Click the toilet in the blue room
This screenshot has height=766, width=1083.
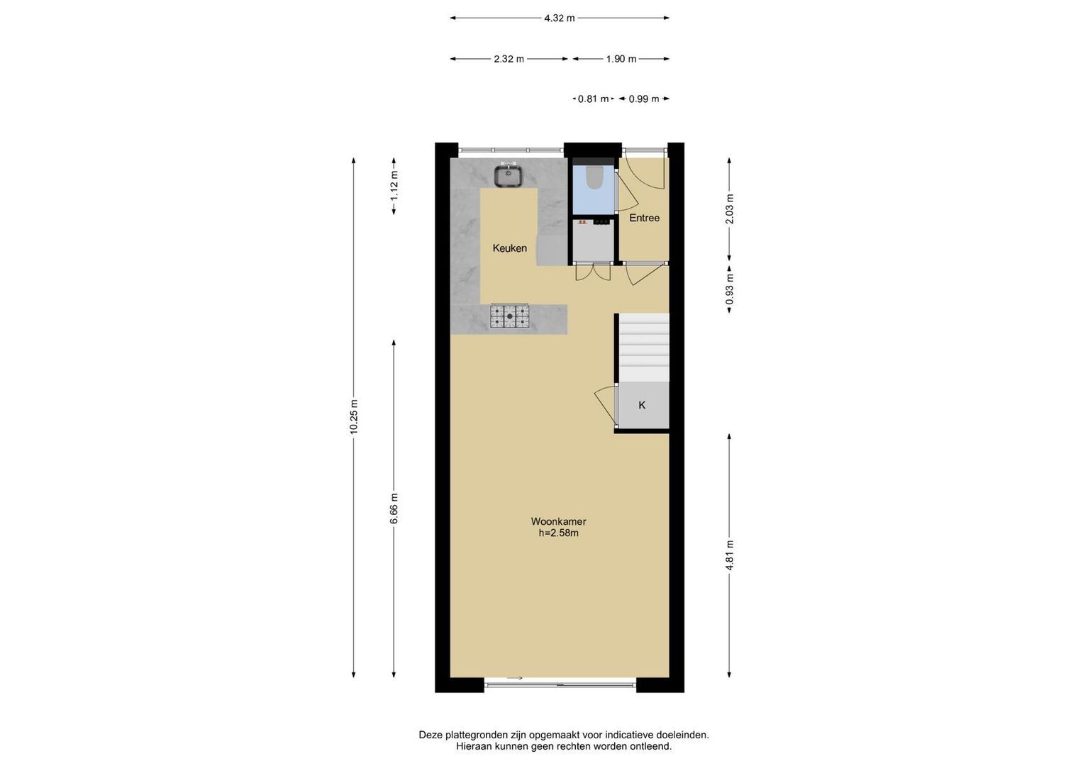click(593, 177)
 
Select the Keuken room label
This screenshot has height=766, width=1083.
click(510, 248)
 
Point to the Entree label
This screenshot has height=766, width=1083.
click(644, 218)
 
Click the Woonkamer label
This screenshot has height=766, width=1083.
click(558, 521)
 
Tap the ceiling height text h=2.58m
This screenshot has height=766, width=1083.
click(558, 533)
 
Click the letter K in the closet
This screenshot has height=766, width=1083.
click(642, 405)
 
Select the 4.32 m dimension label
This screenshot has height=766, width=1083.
click(560, 18)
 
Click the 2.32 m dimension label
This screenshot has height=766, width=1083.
click(509, 59)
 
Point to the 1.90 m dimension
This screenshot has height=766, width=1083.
click(621, 59)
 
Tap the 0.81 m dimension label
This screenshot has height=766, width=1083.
click(593, 99)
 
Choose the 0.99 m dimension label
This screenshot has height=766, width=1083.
click(644, 99)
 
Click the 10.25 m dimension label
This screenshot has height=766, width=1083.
click(354, 417)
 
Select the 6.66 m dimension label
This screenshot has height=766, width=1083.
click(394, 509)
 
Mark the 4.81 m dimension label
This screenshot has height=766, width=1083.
click(730, 555)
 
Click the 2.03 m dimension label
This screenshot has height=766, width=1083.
click(730, 209)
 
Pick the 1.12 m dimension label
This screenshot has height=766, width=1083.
click(394, 186)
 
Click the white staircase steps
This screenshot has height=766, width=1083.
click(644, 348)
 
